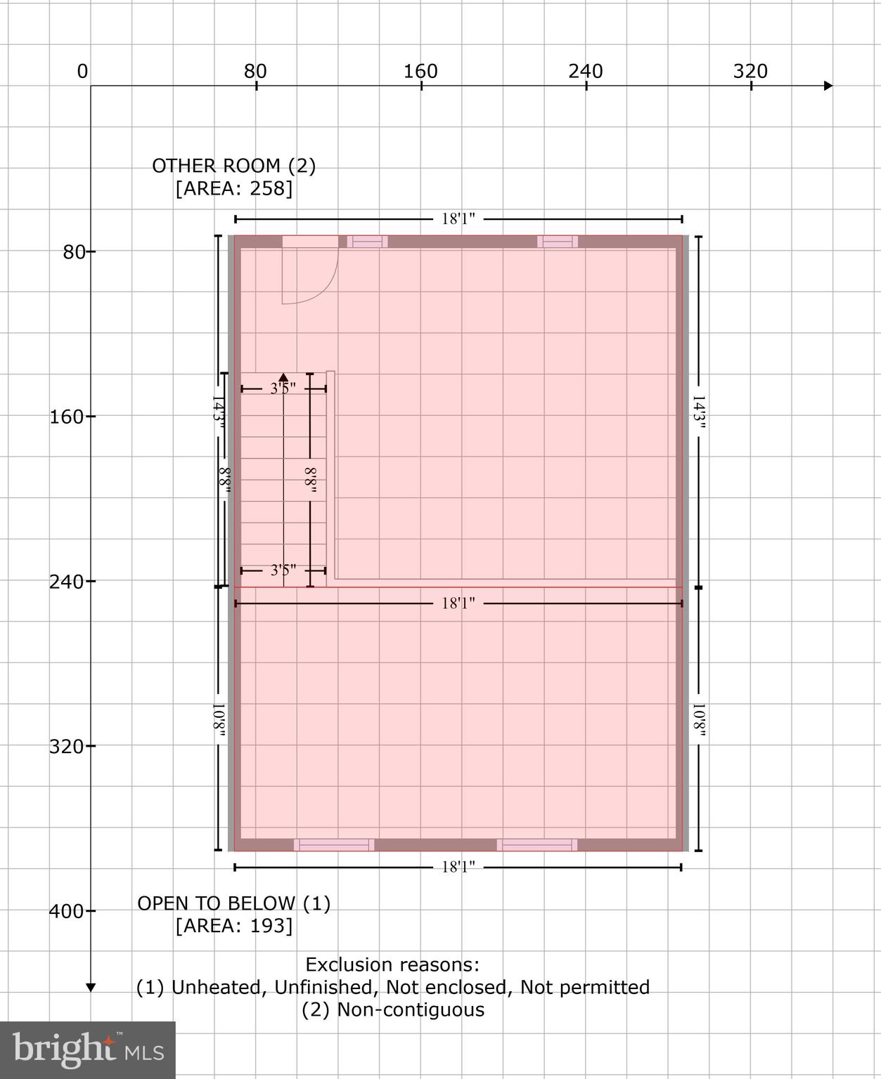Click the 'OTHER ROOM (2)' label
point(233,166)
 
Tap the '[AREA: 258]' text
point(233,188)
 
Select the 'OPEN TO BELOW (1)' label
point(233,903)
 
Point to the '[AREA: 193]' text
point(233,926)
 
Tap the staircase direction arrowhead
point(283,377)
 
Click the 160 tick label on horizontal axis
point(420,71)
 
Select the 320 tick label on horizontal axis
point(750,71)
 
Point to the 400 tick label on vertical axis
point(66,911)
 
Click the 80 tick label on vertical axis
point(74,251)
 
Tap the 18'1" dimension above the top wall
point(458,219)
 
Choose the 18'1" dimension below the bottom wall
point(458,868)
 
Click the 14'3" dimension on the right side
point(699,412)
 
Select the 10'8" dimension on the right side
point(699,720)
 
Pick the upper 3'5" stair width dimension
point(283,388)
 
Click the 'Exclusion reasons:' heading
point(392,964)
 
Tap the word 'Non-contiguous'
point(411,1009)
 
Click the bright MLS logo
point(87,1049)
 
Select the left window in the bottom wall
point(334,845)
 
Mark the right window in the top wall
point(558,242)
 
